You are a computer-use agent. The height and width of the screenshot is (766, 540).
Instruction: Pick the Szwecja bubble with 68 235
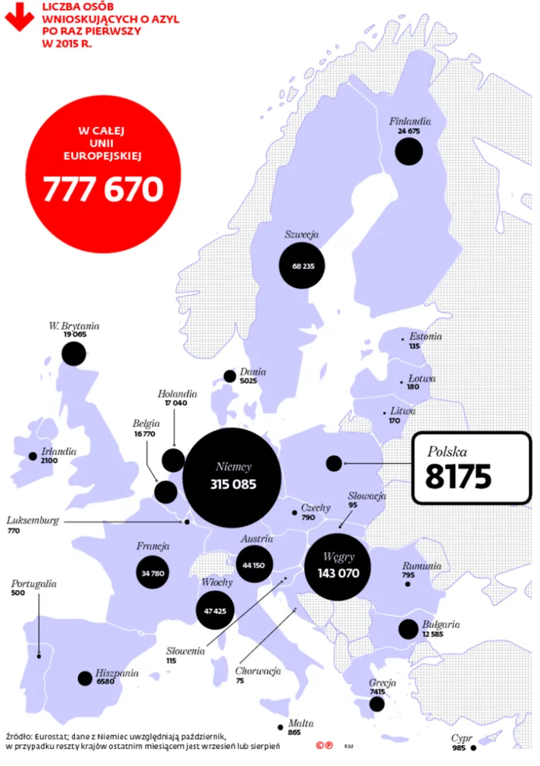pyautogui.click(x=302, y=266)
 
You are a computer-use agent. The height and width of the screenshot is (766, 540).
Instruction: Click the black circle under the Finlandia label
pyautogui.click(x=408, y=151)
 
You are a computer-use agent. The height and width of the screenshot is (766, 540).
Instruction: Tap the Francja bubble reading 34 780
pyautogui.click(x=152, y=573)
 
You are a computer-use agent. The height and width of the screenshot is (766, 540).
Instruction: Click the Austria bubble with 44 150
pyautogui.click(x=254, y=566)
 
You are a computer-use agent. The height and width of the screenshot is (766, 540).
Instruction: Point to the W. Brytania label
pyautogui.click(x=73, y=327)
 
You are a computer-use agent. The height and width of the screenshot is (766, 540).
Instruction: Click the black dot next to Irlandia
pyautogui.click(x=32, y=457)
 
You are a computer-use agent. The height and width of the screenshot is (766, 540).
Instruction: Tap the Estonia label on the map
pyautogui.click(x=426, y=337)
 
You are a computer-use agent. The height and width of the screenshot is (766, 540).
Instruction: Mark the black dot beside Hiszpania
pyautogui.click(x=84, y=679)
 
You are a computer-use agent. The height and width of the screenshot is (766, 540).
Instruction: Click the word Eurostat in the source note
pyautogui.click(x=52, y=737)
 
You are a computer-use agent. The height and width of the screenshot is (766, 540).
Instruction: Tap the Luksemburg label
pyautogui.click(x=32, y=521)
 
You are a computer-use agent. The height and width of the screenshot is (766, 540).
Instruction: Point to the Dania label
pyautogui.click(x=253, y=371)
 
